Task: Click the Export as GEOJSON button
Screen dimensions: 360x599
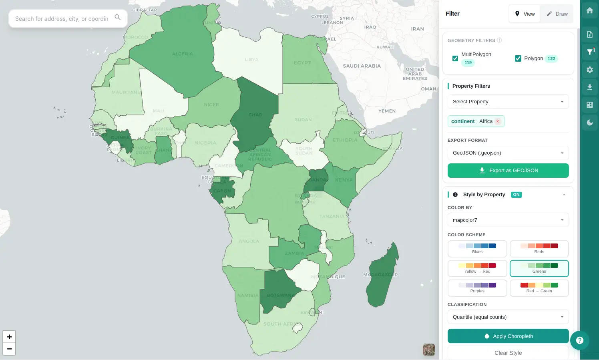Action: [508, 171]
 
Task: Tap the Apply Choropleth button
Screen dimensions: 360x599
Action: [508, 336]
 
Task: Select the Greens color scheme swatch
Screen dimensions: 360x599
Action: [539, 268]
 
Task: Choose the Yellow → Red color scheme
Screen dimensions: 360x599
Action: [477, 268]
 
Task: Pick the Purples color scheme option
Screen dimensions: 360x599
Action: [477, 288]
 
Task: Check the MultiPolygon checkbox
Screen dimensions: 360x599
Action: [455, 58]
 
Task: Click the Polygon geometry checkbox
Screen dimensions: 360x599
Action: [518, 58]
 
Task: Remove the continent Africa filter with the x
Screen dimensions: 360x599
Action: [498, 121]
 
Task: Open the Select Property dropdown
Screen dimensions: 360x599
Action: [508, 102]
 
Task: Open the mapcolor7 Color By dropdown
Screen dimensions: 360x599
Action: [508, 220]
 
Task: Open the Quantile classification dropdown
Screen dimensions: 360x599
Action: [508, 317]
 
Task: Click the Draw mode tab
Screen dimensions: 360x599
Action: [557, 14]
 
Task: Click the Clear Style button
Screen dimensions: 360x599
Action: [508, 353]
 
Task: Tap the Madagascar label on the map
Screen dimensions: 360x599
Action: [380, 275]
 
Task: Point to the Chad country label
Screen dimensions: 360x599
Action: [255, 115]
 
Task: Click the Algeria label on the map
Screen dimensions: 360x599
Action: [183, 54]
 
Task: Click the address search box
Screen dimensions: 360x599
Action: [62, 19]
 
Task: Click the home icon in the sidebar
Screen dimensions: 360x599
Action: [590, 11]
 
